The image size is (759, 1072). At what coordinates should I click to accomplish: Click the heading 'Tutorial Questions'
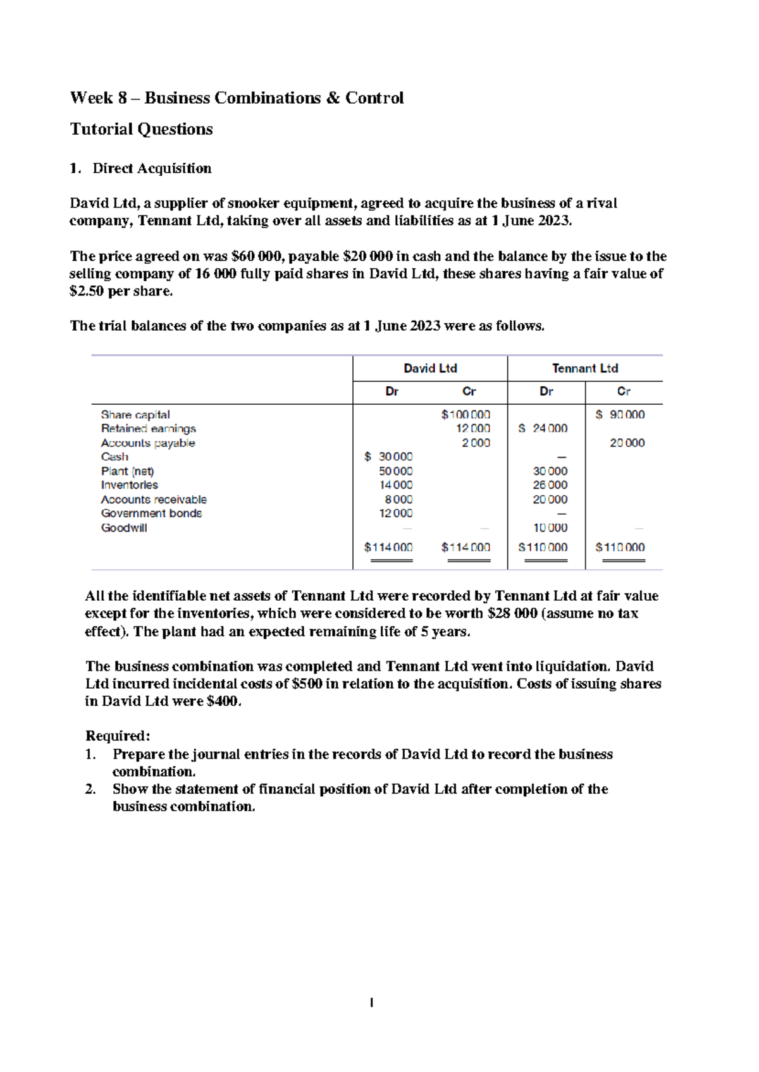[x=141, y=129]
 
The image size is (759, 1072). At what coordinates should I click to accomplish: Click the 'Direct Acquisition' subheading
[x=152, y=168]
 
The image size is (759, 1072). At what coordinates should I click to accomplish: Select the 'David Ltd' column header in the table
[x=430, y=368]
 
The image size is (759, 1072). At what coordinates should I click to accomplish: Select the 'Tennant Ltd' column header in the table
[x=584, y=368]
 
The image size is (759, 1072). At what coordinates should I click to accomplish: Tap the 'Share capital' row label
[x=135, y=415]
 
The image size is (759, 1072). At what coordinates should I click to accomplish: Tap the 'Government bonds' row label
[x=151, y=513]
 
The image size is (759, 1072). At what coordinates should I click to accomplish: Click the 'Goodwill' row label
[x=124, y=527]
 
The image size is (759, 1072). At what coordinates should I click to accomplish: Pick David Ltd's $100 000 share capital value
[x=466, y=415]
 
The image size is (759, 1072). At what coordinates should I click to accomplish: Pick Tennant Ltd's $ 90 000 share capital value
[x=620, y=415]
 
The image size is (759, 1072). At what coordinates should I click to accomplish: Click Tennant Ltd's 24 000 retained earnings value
[x=543, y=429]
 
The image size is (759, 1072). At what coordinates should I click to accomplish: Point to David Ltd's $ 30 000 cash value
[x=388, y=457]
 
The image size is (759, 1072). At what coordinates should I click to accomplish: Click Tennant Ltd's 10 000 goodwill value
[x=550, y=527]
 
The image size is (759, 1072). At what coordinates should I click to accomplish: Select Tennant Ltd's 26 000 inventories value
[x=550, y=485]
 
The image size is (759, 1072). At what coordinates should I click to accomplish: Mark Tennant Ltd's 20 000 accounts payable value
[x=627, y=443]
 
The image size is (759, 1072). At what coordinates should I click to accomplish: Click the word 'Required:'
[x=118, y=736]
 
